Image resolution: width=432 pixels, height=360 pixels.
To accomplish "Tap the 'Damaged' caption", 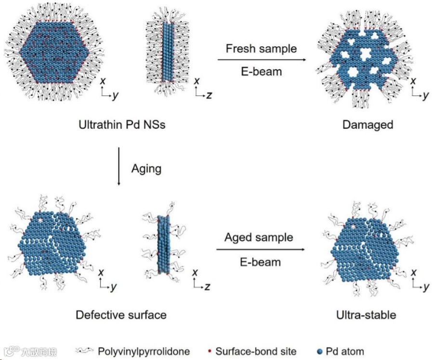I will pyautogui.click(x=367, y=125).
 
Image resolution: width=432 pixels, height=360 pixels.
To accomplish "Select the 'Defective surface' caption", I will pyautogui.click(x=121, y=315).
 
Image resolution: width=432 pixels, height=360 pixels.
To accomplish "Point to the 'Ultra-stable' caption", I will pyautogui.click(x=367, y=315).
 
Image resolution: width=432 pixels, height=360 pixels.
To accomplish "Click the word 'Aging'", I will pyautogui.click(x=146, y=169).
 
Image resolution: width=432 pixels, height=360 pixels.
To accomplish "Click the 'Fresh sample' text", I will pyautogui.click(x=261, y=49).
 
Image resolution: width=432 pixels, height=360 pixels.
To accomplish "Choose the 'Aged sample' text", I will pyautogui.click(x=259, y=238).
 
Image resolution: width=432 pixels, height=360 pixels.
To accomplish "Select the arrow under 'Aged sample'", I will pyautogui.click(x=261, y=250).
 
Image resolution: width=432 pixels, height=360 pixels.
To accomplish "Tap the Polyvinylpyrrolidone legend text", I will pyautogui.click(x=143, y=351).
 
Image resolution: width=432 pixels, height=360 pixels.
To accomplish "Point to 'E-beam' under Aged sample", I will pyautogui.click(x=260, y=262).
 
